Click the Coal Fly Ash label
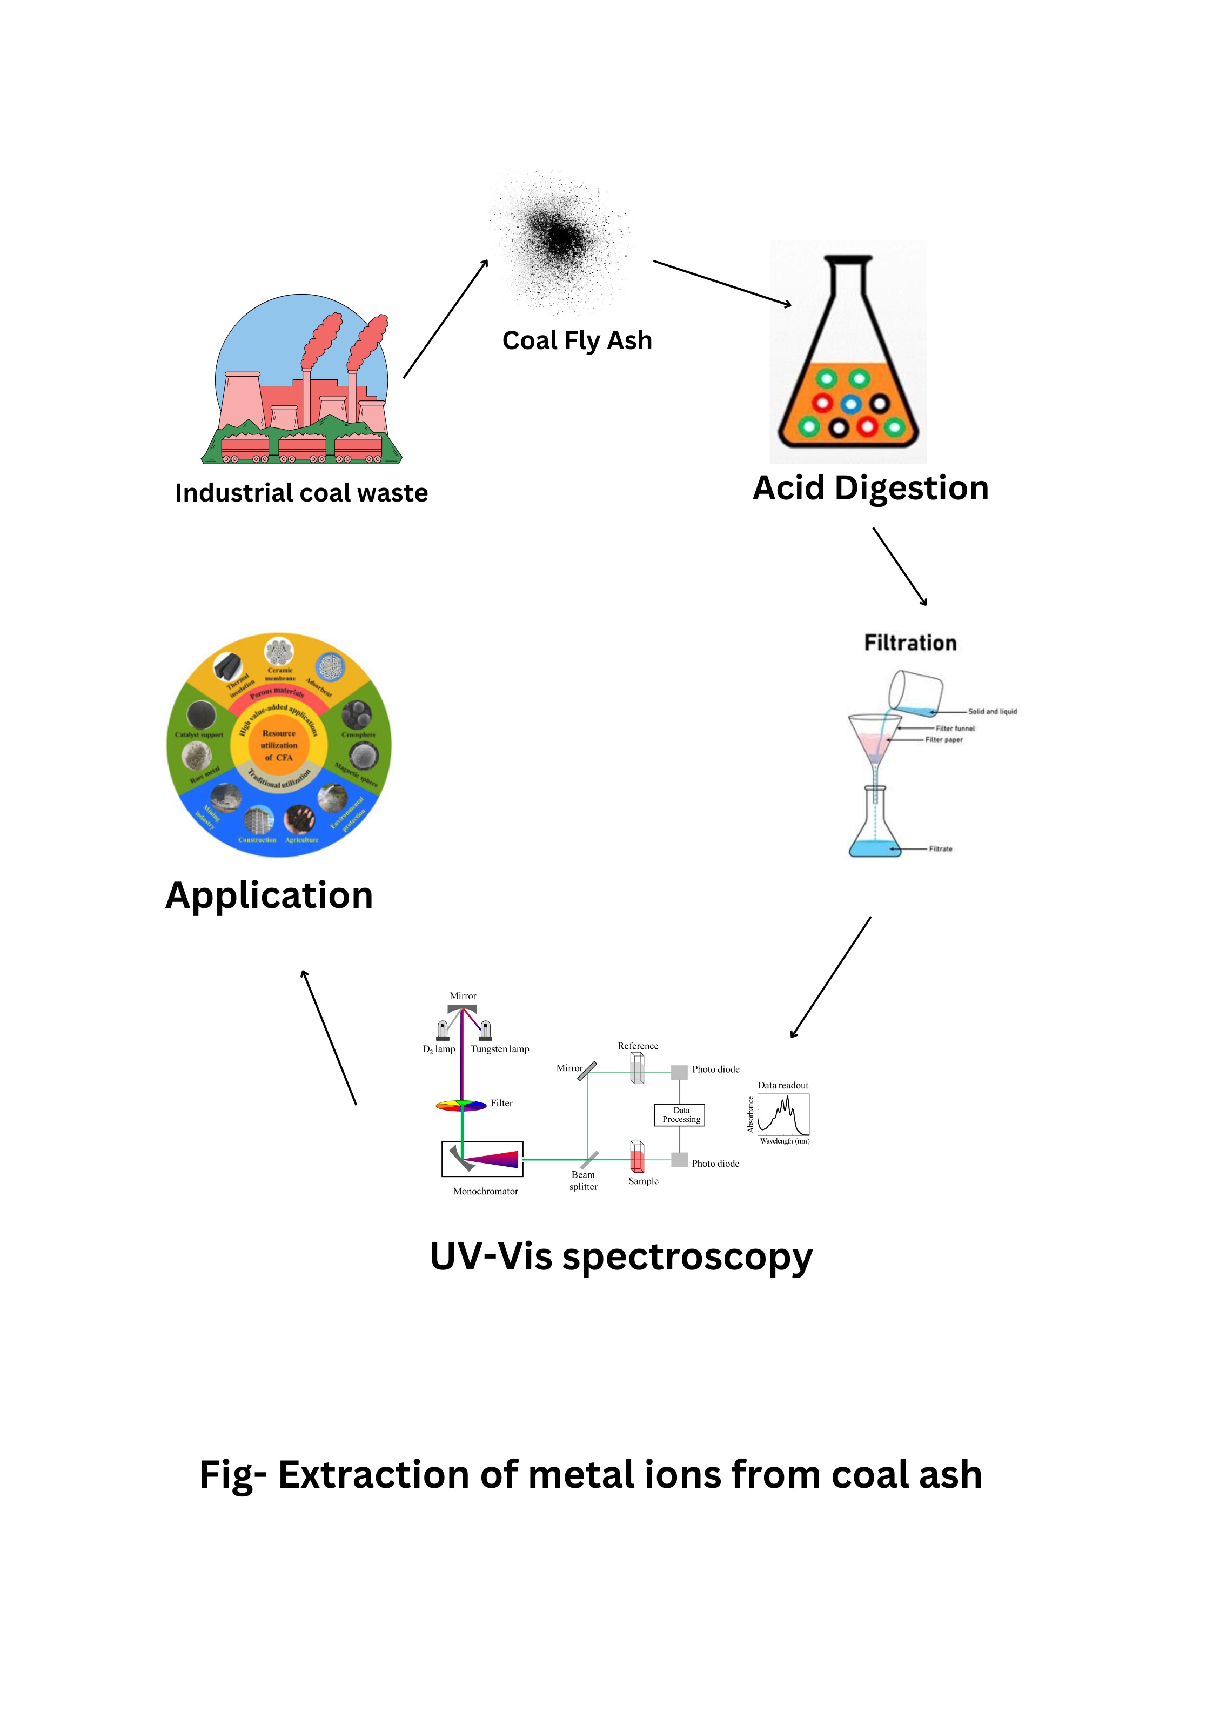[x=577, y=340]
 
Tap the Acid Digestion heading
[x=870, y=488]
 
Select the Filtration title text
[x=910, y=643]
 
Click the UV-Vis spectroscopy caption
[x=621, y=1257]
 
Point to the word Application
[x=270, y=895]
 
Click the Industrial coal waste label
[x=301, y=493]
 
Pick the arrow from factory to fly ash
[x=445, y=319]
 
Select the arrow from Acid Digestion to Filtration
[x=900, y=566]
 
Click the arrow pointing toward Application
[x=329, y=1037]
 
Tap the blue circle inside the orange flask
[x=851, y=405]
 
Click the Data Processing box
[x=680, y=1115]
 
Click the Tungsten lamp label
[x=500, y=1049]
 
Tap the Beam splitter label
[x=583, y=1181]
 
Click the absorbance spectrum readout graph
[x=783, y=1114]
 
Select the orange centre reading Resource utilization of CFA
[x=279, y=745]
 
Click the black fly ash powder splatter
[x=559, y=238]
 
